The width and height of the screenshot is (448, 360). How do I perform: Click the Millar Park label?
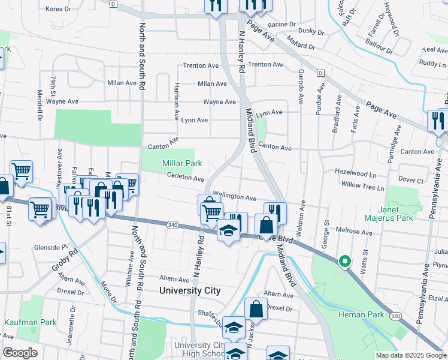click(182, 163)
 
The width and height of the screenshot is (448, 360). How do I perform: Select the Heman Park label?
click(356, 314)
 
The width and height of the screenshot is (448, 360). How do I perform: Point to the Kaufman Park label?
click(31, 322)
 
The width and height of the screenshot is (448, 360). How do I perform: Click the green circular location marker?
click(344, 262)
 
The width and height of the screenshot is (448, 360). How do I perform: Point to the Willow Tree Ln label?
click(362, 187)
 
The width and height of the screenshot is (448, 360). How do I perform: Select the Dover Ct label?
click(411, 180)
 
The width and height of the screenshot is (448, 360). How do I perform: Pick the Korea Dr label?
click(58, 9)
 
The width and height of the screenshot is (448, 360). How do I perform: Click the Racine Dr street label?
click(282, 25)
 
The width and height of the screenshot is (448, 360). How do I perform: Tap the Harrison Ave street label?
click(177, 98)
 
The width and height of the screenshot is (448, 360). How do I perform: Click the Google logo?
click(20, 353)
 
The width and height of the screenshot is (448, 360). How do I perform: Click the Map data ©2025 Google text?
click(410, 355)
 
